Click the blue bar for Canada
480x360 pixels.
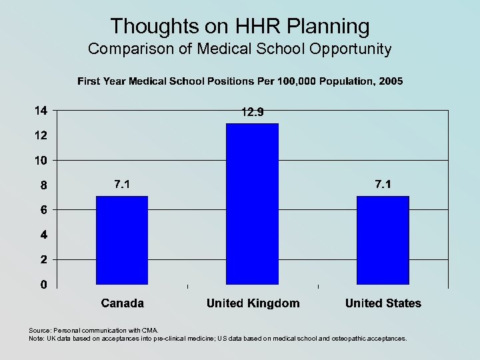[122, 240]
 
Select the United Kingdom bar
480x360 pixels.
[253, 204]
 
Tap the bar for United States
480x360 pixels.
[383, 240]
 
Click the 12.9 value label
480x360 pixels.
[253, 113]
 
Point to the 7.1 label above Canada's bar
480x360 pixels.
[122, 185]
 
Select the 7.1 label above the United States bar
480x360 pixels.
[383, 185]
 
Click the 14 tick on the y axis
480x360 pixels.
[41, 111]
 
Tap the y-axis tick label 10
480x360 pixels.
[41, 161]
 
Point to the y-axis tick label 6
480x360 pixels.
[43, 210]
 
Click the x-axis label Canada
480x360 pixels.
[122, 303]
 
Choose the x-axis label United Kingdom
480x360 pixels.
[253, 303]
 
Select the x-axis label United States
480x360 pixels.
[383, 303]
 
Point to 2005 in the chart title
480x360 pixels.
[390, 81]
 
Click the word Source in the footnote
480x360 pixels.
[39, 330]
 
